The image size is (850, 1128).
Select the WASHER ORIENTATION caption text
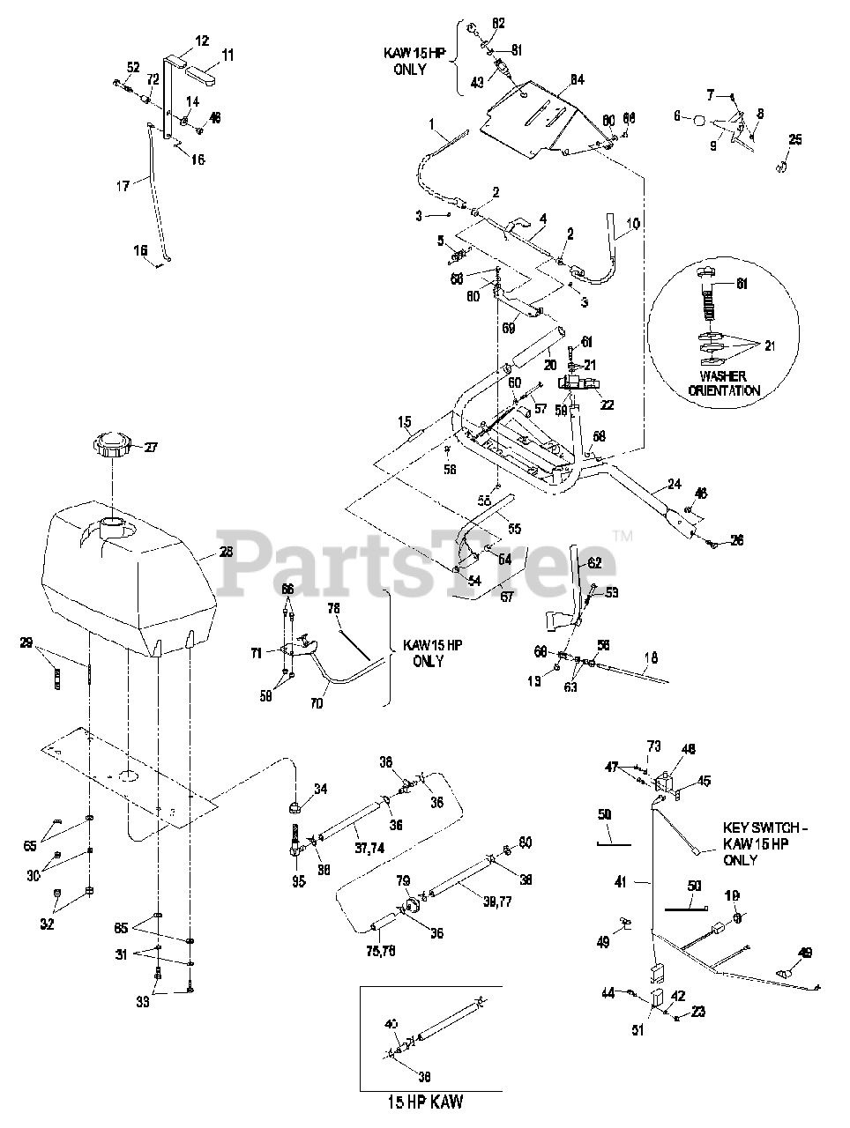coord(726,382)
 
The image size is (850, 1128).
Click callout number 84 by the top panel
coord(577,81)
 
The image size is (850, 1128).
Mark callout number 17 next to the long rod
coord(123,186)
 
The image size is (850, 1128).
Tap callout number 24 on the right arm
coord(675,484)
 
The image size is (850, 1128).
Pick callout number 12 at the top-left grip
coord(203,41)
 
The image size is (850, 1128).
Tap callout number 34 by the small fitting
coord(320,790)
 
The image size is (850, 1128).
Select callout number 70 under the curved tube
coord(317,704)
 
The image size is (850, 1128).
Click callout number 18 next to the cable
coord(650,657)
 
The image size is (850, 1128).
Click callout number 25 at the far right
coord(795,139)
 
